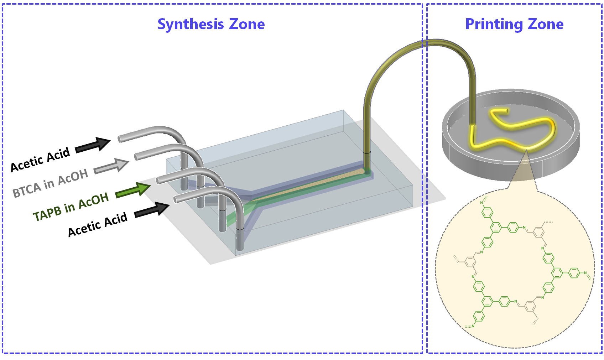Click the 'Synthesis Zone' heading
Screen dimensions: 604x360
coord(211,24)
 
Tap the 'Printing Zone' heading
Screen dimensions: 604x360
coord(514,24)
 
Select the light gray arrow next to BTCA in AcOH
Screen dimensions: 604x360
coord(111,166)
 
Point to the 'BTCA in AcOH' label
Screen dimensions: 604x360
coord(51,184)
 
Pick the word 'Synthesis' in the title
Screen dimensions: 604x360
coord(191,24)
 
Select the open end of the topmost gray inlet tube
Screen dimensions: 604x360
coord(120,139)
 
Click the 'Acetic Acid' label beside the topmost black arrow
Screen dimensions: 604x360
coord(40,160)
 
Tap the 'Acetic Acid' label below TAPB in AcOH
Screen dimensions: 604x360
coord(97,225)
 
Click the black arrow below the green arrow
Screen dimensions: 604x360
coord(152,209)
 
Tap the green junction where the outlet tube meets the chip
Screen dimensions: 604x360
coord(367,171)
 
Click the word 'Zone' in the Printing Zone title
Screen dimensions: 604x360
coord(546,24)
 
